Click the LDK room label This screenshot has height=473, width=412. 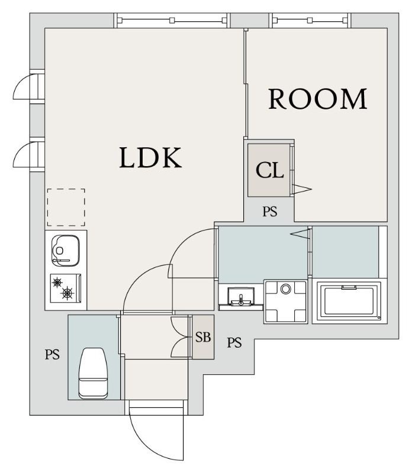150,157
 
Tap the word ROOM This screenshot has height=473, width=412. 318,99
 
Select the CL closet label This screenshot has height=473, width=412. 269,170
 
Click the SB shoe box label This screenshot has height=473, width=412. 202,337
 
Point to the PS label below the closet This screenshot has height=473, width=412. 270,212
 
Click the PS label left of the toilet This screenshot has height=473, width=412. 52,354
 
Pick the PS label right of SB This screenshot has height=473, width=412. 234,343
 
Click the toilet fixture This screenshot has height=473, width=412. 94,373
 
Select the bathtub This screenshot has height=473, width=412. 349,301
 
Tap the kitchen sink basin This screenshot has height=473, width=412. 66,251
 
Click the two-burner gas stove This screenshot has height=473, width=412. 66,288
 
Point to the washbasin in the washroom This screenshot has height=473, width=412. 241,297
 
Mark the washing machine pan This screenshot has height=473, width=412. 285,302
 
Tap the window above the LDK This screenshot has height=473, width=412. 172,21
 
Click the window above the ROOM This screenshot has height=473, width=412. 310,21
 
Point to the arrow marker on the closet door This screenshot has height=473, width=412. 302,189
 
